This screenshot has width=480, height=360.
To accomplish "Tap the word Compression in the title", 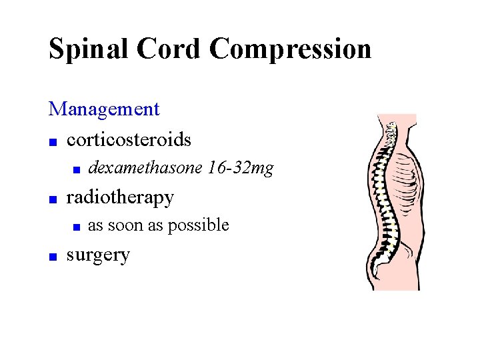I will coord(290,49).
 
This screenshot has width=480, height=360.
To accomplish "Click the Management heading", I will coord(104,109).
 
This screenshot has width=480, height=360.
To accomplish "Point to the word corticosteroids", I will coord(129,139).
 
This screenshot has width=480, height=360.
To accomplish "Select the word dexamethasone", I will coord(145,168).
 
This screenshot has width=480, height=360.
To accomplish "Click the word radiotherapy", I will coord(120,197).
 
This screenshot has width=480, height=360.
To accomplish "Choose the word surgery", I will coord(98,255).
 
